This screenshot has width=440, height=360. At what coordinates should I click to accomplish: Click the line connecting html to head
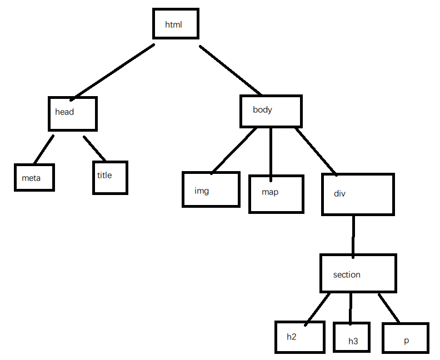(112, 72)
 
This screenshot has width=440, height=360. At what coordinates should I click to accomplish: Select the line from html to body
(231, 70)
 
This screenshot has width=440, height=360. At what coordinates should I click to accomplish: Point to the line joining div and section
(353, 237)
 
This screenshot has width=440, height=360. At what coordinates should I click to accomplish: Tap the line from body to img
(234, 151)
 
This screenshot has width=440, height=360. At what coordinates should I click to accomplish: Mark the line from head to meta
(44, 149)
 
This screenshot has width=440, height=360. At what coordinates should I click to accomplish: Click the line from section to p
(389, 308)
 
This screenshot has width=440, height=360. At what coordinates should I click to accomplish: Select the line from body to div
(316, 152)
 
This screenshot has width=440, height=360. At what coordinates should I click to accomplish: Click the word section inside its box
(347, 274)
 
